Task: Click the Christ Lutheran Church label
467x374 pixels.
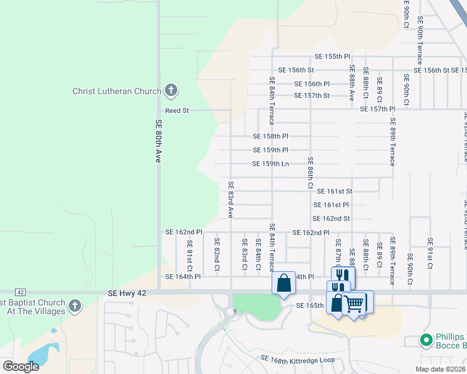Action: [x=117, y=92]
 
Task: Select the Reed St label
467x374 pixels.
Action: [x=177, y=110]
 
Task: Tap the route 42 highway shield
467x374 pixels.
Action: [x=21, y=292]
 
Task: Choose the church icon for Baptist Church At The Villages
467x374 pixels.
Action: [x=75, y=305]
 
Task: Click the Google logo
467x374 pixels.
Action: [x=21, y=366]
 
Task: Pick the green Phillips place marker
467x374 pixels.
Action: [x=426, y=340]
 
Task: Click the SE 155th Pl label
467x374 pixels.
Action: [x=337, y=56]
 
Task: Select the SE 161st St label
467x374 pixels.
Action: [x=335, y=191]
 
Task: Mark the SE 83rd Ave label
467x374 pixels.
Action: [x=230, y=199]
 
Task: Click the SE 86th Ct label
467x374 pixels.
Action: [x=310, y=173]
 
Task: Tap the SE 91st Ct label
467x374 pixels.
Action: [x=430, y=253]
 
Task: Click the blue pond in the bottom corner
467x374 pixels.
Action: [x=42, y=354]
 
